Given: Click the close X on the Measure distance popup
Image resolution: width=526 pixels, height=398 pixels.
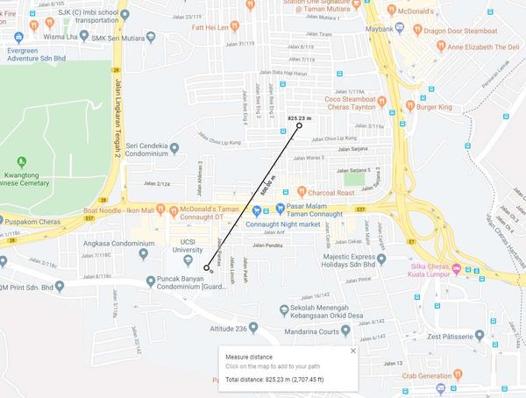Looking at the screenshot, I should click(x=353, y=351).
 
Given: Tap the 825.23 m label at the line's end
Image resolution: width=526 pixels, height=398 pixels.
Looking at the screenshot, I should click(x=299, y=117).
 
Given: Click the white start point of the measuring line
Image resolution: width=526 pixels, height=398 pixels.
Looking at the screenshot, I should click(x=207, y=267).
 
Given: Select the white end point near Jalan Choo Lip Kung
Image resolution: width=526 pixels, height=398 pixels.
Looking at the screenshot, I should click(x=299, y=126).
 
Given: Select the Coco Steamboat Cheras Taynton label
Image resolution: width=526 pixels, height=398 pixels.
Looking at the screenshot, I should click(x=352, y=103).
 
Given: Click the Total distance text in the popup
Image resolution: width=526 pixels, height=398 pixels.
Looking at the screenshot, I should click(x=288, y=380).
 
